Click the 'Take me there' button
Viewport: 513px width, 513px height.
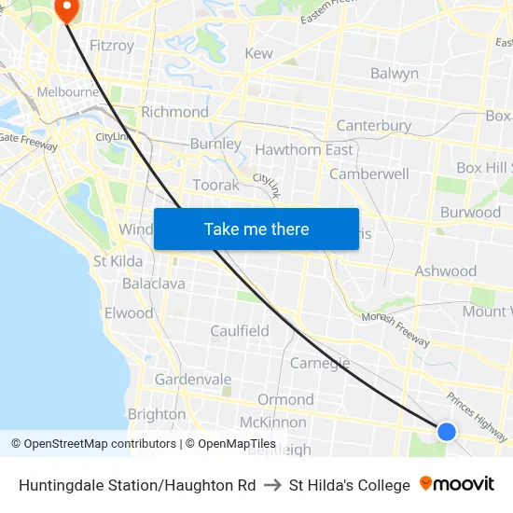[256, 229]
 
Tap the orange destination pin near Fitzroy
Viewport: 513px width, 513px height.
[67, 9]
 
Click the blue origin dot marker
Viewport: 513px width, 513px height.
[447, 431]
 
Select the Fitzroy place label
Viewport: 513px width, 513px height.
[111, 45]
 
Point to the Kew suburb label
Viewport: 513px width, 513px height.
[258, 53]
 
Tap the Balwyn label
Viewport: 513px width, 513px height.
[394, 73]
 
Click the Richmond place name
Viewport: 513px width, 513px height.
[174, 112]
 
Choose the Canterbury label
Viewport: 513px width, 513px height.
[373, 125]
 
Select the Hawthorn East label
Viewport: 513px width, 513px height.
[304, 149]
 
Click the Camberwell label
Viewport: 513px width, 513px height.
[369, 173]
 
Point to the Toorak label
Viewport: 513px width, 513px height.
[215, 185]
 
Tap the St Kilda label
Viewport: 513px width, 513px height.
[118, 261]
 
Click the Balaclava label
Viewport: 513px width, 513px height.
[154, 283]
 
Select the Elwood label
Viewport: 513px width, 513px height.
[129, 312]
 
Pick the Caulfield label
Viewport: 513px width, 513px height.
[240, 331]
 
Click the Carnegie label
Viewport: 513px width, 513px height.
[320, 363]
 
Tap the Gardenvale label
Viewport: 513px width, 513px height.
[193, 380]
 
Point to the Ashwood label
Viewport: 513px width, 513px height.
[445, 271]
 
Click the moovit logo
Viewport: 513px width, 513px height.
[457, 484]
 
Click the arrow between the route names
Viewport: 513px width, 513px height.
[272, 485]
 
